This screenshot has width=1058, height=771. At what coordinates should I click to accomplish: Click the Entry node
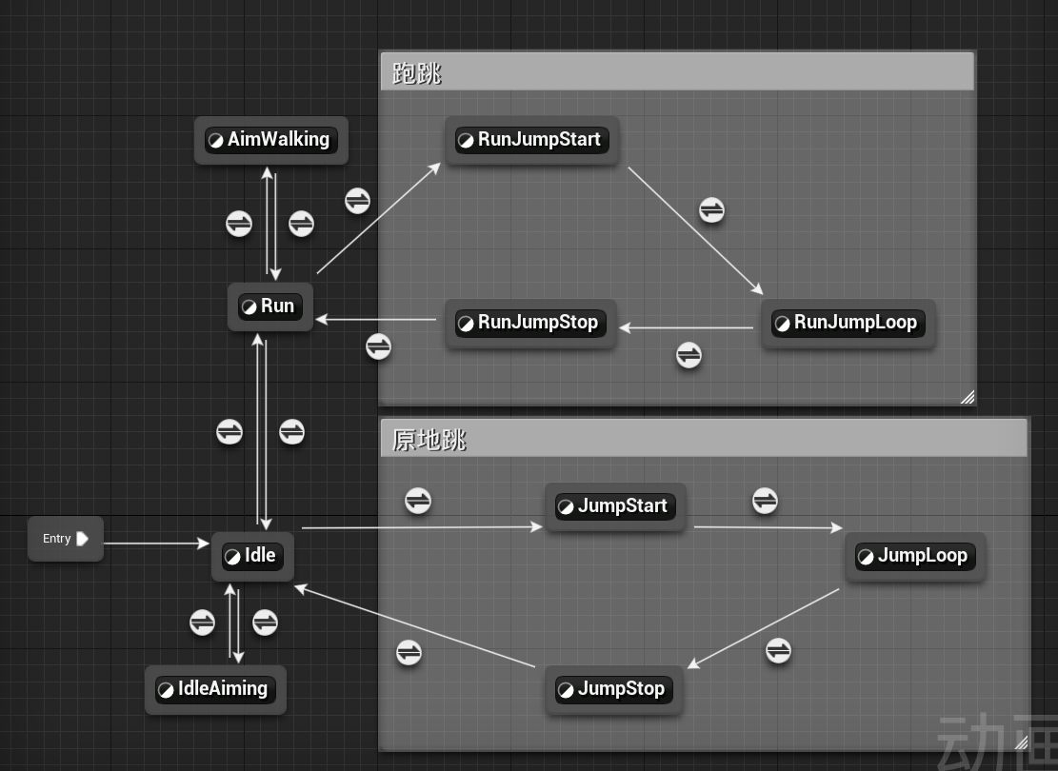(x=66, y=539)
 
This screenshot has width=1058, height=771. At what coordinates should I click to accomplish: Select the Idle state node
(x=252, y=556)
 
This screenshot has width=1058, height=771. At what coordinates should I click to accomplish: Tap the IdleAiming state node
(x=215, y=689)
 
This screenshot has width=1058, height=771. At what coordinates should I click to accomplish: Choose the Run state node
(x=269, y=306)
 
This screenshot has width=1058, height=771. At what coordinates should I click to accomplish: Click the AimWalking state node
(x=271, y=140)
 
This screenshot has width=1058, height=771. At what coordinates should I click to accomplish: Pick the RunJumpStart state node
(x=531, y=140)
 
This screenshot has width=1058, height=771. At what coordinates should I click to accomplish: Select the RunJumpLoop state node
(x=848, y=323)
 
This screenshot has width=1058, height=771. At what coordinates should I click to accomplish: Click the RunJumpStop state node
(x=531, y=323)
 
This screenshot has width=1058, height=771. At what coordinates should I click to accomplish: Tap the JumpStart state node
(x=615, y=505)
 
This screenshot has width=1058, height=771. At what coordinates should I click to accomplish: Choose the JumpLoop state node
(x=915, y=556)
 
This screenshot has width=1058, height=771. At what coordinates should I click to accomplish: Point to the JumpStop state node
(x=614, y=689)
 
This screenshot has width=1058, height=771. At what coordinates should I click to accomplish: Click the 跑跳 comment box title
(x=416, y=73)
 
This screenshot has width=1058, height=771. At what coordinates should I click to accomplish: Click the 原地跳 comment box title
(x=429, y=440)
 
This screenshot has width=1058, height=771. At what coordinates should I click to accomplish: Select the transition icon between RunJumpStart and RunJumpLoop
(x=712, y=209)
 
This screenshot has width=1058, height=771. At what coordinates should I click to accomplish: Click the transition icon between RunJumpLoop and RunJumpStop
(x=689, y=355)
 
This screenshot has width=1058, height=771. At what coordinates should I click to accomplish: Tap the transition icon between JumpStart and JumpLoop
(x=765, y=501)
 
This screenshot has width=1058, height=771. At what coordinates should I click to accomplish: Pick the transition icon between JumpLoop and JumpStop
(x=778, y=651)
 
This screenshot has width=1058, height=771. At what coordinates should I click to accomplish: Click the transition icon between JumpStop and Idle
(x=409, y=652)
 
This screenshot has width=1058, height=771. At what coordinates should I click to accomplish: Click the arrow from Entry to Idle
(x=156, y=543)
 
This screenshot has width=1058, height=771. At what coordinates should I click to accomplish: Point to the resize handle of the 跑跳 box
(x=968, y=397)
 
